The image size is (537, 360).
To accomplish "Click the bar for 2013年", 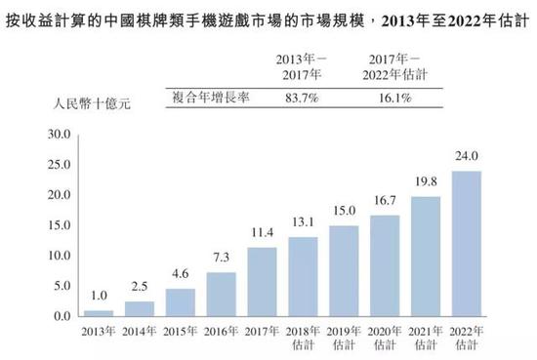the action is (x=99, y=313).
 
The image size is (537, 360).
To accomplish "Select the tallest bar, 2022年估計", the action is (x=467, y=244).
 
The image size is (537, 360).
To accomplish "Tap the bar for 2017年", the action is (x=262, y=282).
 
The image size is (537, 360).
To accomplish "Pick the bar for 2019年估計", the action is (x=344, y=270).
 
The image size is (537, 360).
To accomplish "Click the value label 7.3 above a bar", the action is (x=222, y=258).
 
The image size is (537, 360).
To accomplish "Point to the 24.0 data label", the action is (x=467, y=156).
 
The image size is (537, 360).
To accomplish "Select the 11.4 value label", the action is (x=263, y=233).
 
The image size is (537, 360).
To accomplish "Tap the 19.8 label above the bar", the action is (x=426, y=181).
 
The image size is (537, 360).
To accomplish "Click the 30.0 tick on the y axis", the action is (x=60, y=134).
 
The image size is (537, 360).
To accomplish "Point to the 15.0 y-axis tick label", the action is (x=60, y=225).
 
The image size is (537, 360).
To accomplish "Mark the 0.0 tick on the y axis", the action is (x=62, y=316).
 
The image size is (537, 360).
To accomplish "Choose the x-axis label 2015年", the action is (x=181, y=332).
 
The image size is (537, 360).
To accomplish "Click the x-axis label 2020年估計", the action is (x=385, y=338).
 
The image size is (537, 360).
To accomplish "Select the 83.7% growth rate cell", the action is (x=302, y=99).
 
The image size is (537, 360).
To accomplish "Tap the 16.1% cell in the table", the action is (x=394, y=99).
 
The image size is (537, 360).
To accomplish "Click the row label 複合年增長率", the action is (x=211, y=98).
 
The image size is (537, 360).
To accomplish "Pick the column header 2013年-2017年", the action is (x=302, y=67).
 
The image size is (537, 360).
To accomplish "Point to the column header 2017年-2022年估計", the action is (x=394, y=67).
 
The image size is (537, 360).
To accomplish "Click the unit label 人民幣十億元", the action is (x=92, y=103).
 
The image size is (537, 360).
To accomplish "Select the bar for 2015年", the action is (x=181, y=302).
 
